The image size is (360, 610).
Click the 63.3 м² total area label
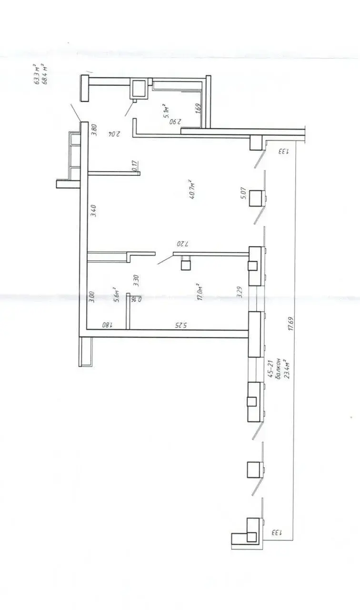point(36,74)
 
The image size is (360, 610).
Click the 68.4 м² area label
point(45,74)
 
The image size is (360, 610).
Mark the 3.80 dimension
point(94,130)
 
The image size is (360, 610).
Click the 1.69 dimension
point(198,108)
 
